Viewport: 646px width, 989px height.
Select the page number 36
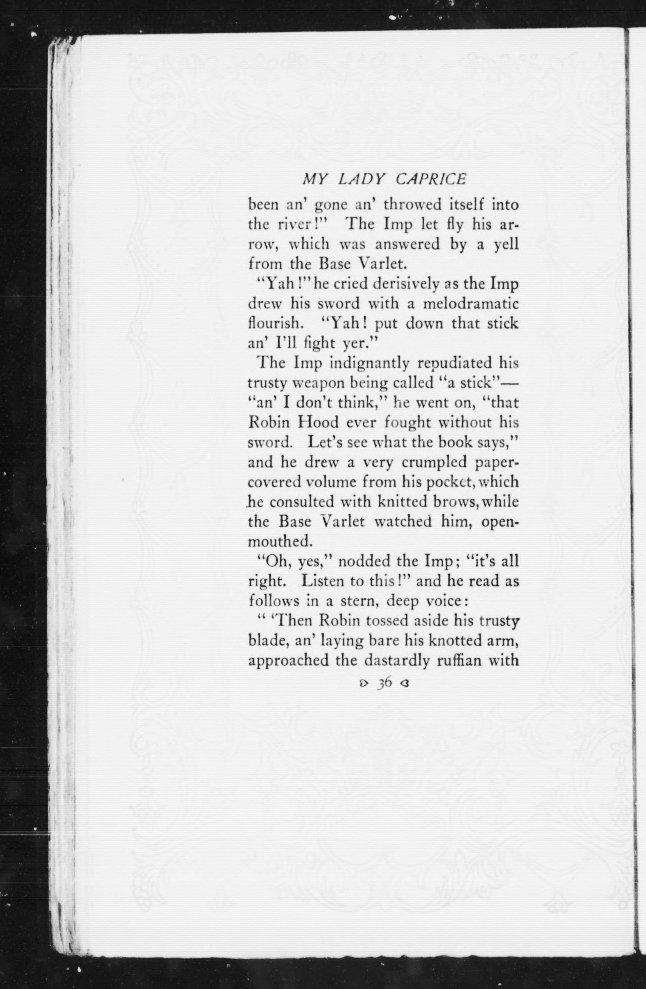pyautogui.click(x=384, y=808)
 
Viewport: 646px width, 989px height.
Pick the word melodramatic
pyautogui.click(x=471, y=303)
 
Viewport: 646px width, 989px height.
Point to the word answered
pyautogui.click(x=407, y=244)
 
